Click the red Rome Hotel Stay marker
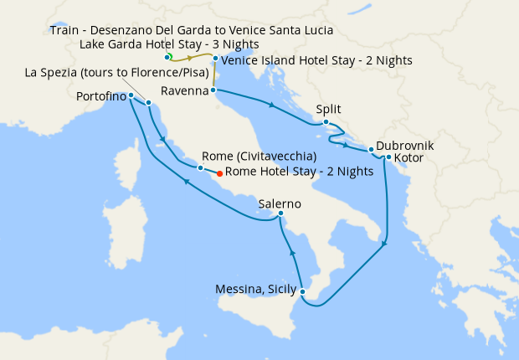point(219,173)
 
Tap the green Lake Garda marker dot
point(168,57)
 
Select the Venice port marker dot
point(215,59)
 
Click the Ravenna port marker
point(213,90)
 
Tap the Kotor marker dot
point(388,157)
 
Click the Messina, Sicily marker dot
point(302,291)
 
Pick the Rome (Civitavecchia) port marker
point(200,168)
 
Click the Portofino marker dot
point(131,96)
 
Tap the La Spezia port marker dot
point(148,103)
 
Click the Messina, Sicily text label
point(254,289)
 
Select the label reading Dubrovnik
point(405,144)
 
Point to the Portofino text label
point(101,96)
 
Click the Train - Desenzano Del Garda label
point(192,30)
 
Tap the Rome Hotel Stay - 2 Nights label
point(300,172)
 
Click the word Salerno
point(280,204)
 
